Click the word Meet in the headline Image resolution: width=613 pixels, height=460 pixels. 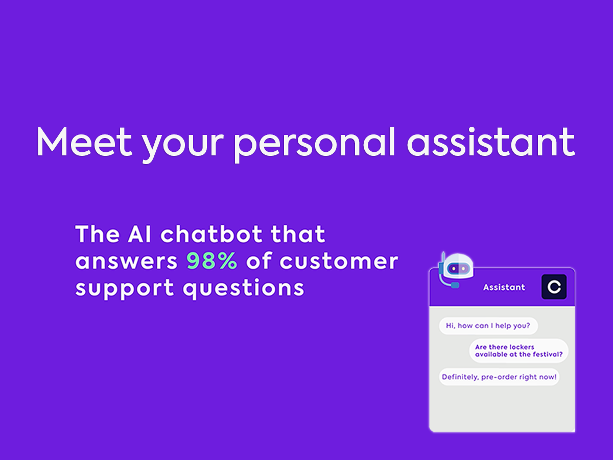point(84,142)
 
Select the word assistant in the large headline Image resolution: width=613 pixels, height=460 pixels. point(491,142)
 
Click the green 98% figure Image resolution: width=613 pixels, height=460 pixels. point(211,261)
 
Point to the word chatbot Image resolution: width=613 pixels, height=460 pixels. point(211,234)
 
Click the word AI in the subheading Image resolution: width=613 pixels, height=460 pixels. point(139,234)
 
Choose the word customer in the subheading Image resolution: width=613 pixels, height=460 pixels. point(339,261)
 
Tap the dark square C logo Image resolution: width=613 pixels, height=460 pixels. point(554,287)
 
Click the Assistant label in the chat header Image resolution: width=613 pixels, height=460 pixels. point(504,287)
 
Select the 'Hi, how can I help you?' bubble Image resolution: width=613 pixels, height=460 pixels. point(488,326)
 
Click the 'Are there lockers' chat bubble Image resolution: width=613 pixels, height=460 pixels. point(518,351)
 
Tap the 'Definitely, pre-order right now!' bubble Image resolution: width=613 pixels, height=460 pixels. point(499,377)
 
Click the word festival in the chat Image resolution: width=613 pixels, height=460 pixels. point(546,354)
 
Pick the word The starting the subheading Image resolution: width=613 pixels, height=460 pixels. point(98,234)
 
